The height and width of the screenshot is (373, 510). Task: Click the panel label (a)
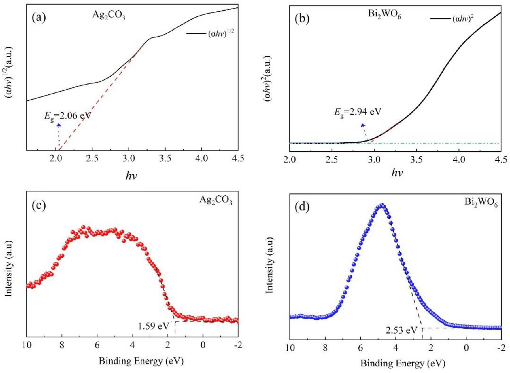pos(39,18)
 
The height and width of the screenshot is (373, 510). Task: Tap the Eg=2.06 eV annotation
pos(67,116)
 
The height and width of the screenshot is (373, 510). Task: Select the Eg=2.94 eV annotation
pos(358,112)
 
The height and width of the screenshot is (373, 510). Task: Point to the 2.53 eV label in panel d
pos(401,330)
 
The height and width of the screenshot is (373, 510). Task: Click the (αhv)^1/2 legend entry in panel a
pos(221,34)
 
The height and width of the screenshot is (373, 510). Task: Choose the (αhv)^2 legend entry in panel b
pos(463,19)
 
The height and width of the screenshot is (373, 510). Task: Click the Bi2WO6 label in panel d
pos(481,202)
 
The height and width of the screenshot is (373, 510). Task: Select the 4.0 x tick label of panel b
pos(459,159)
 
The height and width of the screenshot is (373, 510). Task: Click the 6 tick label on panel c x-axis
pos(97,345)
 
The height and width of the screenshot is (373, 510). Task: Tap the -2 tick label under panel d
pos(501,348)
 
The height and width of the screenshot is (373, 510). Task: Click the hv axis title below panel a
pos(131,175)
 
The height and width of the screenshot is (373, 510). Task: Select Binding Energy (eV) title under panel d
pos(403,363)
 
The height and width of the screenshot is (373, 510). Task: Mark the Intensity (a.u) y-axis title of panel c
pos(9,268)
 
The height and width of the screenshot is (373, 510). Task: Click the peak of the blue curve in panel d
pos(382,205)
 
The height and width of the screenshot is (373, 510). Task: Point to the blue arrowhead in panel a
pos(59,125)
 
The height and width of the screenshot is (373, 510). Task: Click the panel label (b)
pos(302,18)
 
